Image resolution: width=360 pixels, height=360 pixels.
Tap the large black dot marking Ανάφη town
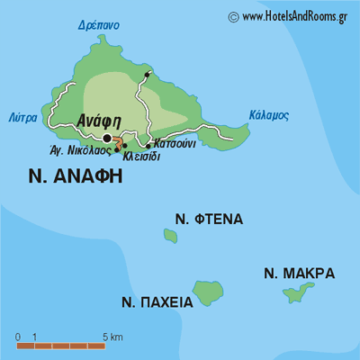[x=108, y=138]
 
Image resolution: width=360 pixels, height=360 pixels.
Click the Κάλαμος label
[x=268, y=115]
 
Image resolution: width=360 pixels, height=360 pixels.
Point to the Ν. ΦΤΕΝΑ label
[x=209, y=219]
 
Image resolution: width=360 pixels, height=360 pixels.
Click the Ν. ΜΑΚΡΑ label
[x=299, y=273]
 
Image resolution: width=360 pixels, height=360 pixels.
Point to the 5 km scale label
[x=112, y=337]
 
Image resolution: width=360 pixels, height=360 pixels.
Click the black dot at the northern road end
[x=147, y=73]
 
